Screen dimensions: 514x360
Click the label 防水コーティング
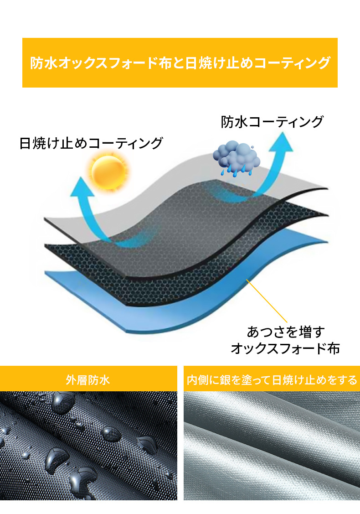point(272,122)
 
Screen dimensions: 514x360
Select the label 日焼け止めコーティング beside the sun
point(91,143)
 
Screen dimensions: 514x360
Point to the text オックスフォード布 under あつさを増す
point(285,349)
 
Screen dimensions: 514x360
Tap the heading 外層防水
point(88,380)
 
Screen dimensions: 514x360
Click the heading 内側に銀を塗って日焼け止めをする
point(272,380)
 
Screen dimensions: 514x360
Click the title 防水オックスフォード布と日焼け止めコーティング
point(180,62)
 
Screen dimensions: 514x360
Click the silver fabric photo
point(272,445)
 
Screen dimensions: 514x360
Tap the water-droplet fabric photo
point(88,445)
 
